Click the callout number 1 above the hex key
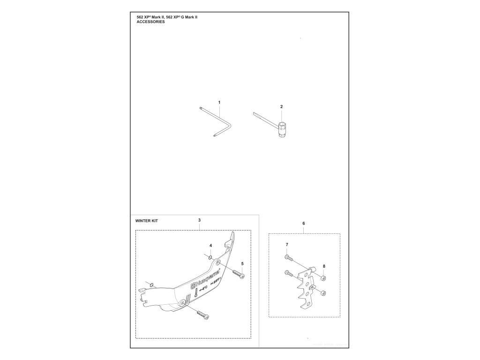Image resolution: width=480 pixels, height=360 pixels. [x=219, y=102]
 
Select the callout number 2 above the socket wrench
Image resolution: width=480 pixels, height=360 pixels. [x=281, y=106]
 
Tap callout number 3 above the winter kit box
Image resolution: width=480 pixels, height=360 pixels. [x=200, y=220]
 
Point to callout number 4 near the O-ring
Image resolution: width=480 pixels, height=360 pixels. [x=211, y=246]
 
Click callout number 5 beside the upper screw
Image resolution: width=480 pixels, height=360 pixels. [x=242, y=264]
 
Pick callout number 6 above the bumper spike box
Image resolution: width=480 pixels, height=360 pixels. [x=304, y=223]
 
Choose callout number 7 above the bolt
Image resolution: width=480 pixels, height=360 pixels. [x=287, y=245]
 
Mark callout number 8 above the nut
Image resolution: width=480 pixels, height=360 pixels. [x=324, y=266]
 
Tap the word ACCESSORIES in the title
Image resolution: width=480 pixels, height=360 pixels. [x=150, y=22]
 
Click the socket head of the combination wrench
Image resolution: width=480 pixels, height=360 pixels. [x=283, y=128]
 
